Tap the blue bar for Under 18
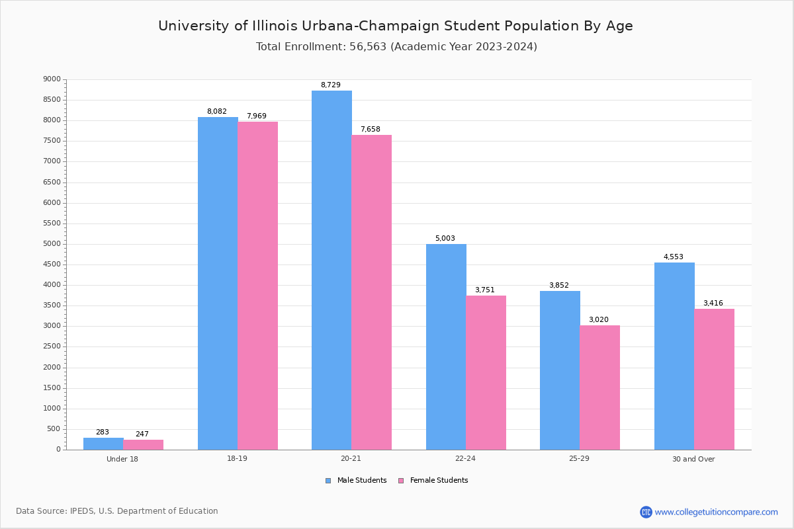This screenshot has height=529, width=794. coord(103,444)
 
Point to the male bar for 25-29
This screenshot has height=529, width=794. coord(560,370)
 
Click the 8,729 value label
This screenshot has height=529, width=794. coord(331,85)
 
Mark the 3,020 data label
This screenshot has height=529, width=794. coord(598,320)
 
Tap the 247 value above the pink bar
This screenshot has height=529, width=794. coord(142,434)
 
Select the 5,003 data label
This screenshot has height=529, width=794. coord(445,239)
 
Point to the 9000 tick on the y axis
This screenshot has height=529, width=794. coord(52,79)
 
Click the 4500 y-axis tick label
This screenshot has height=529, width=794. coord(52,264)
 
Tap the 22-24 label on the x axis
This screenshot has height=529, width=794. coord(465,459)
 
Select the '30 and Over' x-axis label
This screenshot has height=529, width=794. coord(693,459)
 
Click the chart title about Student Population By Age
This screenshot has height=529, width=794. coord(396,26)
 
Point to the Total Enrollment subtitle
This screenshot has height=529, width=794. coord(396,47)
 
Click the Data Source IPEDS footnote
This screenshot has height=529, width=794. coord(117,511)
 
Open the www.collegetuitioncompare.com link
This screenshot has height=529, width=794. coord(716,512)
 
